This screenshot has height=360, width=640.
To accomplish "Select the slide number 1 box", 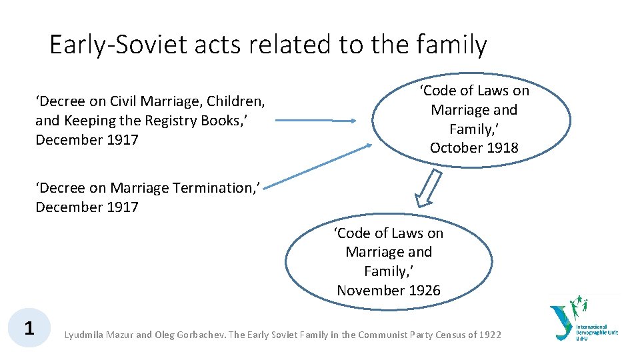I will (x=29, y=328).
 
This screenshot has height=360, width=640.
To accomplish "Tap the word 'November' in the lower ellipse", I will (x=368, y=291).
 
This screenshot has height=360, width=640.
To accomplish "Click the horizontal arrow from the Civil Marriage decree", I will (x=316, y=121).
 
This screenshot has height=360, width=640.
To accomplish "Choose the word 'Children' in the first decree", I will (x=236, y=101).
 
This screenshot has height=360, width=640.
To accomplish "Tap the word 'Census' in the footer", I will (x=446, y=335).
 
